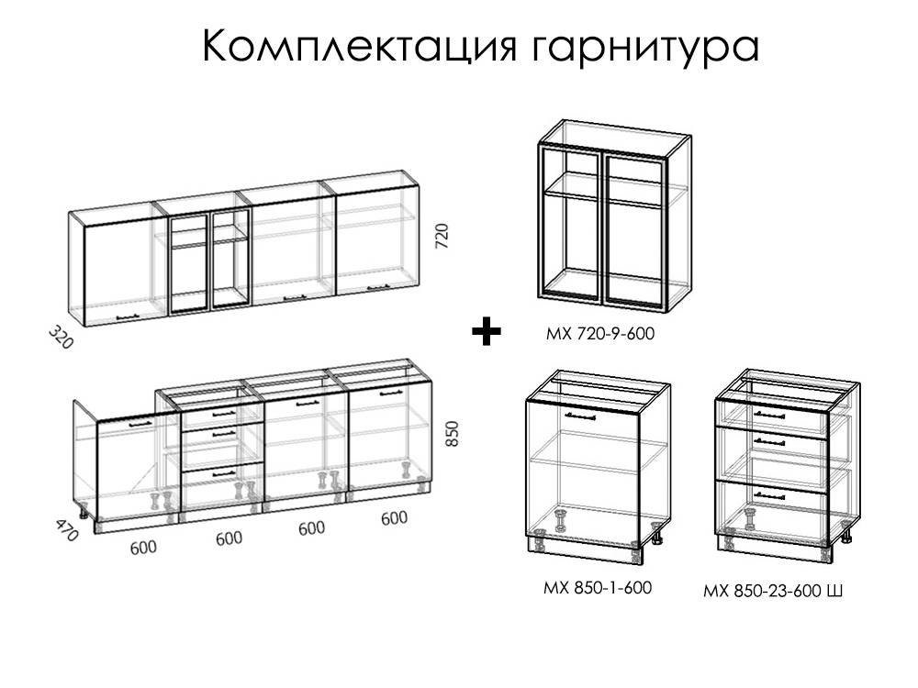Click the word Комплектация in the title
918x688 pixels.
(360, 46)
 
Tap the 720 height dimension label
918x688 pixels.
(442, 236)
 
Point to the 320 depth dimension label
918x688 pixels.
(61, 338)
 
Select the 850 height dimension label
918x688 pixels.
(453, 434)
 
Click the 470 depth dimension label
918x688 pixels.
(67, 529)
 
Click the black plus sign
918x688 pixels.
(487, 332)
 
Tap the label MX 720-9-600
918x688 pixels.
(600, 334)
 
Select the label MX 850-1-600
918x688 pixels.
(598, 587)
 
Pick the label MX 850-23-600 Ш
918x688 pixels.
(773, 591)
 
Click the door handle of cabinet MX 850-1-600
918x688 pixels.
(579, 416)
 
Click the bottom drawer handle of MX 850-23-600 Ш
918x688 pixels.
(769, 495)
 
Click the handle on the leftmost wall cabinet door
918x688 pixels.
(129, 317)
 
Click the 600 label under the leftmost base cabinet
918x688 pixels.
(143, 548)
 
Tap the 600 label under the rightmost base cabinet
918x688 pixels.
(394, 517)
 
